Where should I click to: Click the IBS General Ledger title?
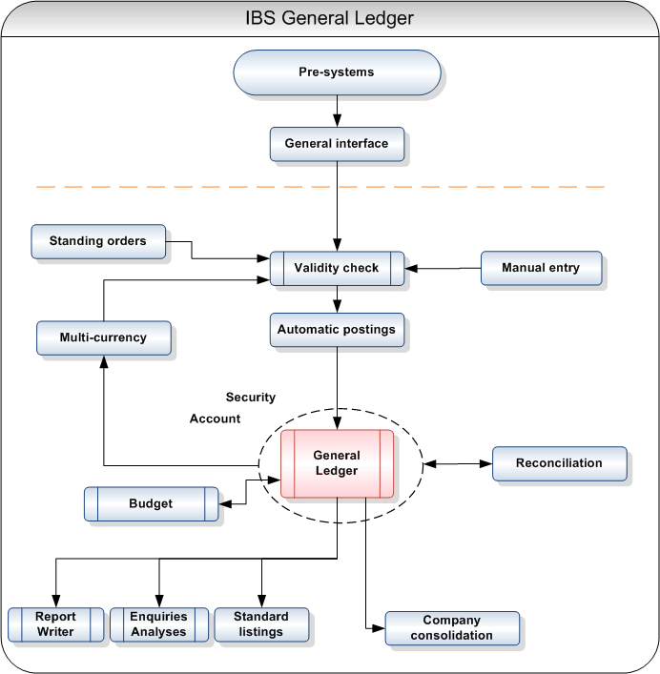329,18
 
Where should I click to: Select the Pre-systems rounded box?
337,72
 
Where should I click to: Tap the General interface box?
337,144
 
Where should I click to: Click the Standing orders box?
98,241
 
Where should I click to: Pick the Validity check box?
337,268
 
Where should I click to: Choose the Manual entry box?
541,268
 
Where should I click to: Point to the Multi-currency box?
103,337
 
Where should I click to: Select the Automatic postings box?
337,330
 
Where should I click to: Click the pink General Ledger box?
337,463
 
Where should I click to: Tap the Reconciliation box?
559,463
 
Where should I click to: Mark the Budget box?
151,503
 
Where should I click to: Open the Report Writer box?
55,624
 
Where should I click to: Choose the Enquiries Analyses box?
159,624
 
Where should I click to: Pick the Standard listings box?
261,624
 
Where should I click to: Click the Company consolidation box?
452,628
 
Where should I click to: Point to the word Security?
251,397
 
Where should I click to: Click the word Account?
216,419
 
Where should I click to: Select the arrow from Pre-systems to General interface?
337,111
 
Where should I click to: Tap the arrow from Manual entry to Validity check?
443,268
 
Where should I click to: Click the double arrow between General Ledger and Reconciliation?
457,464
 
